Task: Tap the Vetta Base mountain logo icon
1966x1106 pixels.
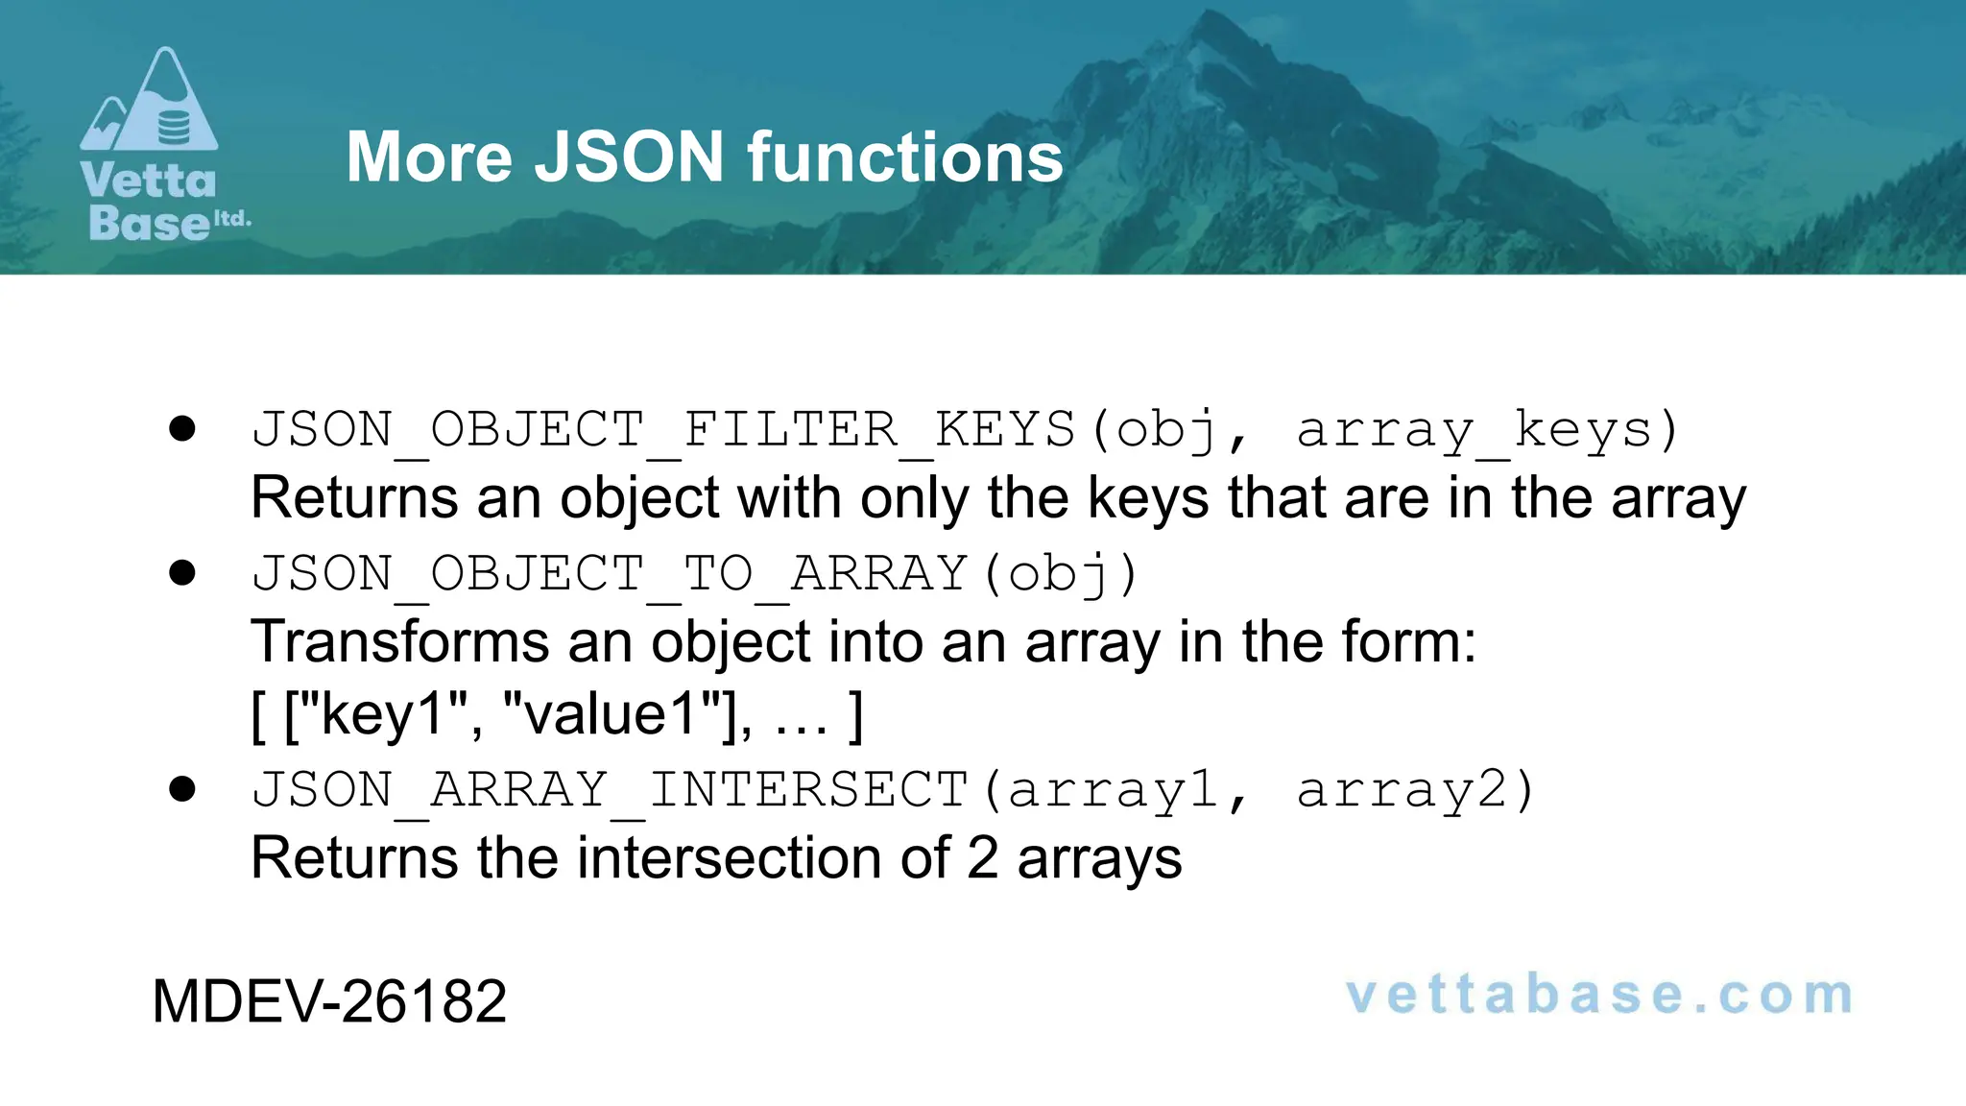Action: tap(150, 100)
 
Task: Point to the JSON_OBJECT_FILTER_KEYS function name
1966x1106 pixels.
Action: tap(663, 429)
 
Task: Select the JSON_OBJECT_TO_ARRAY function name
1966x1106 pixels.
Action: tap(610, 573)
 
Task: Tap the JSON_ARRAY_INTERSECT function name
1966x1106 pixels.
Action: tap(610, 789)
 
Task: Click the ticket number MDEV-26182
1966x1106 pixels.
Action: tap(329, 1001)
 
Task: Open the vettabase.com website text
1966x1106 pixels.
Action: tap(1599, 996)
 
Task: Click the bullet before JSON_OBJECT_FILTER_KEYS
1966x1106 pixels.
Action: tap(181, 429)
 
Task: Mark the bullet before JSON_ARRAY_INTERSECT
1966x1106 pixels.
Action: tap(181, 789)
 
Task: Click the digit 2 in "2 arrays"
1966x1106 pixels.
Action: tap(982, 857)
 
